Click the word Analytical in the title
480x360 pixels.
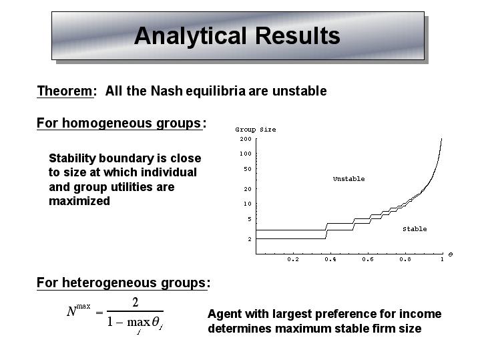(190, 37)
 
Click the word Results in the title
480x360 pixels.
(297, 35)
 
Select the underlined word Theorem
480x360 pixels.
(65, 91)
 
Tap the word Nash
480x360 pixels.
(166, 91)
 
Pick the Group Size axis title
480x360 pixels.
(255, 130)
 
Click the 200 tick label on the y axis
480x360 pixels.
(246, 139)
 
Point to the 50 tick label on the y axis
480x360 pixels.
(248, 169)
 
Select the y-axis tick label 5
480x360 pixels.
(250, 219)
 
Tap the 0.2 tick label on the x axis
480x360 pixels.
(292, 259)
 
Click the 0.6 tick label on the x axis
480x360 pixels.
(367, 259)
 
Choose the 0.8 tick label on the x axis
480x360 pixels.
(405, 259)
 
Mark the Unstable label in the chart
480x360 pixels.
(348, 179)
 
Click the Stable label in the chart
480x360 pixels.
(415, 229)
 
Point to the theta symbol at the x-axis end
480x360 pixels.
(451, 254)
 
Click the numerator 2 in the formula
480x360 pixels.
(135, 303)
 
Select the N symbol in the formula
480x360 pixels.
(71, 312)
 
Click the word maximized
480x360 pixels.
(79, 201)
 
